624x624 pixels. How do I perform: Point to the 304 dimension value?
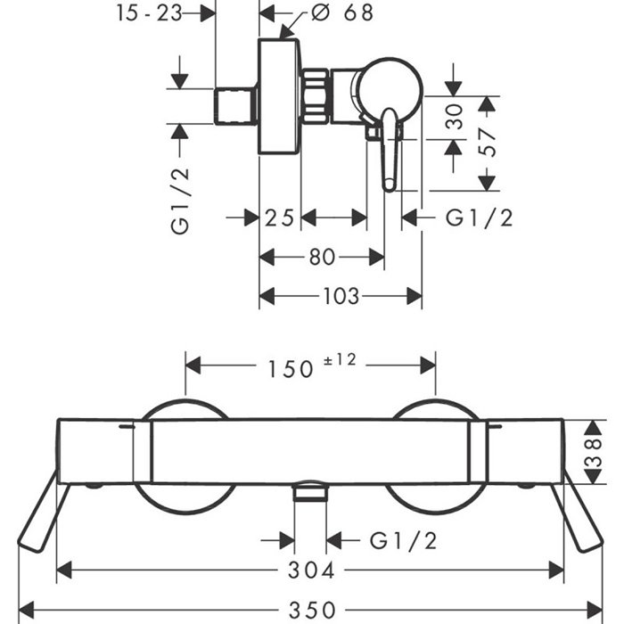point(312,569)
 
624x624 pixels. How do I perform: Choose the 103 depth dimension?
point(341,295)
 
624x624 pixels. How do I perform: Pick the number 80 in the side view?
point(322,257)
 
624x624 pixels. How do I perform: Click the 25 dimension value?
point(279,217)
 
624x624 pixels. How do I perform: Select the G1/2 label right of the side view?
point(479,217)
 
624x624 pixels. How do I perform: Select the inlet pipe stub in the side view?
point(237,106)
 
